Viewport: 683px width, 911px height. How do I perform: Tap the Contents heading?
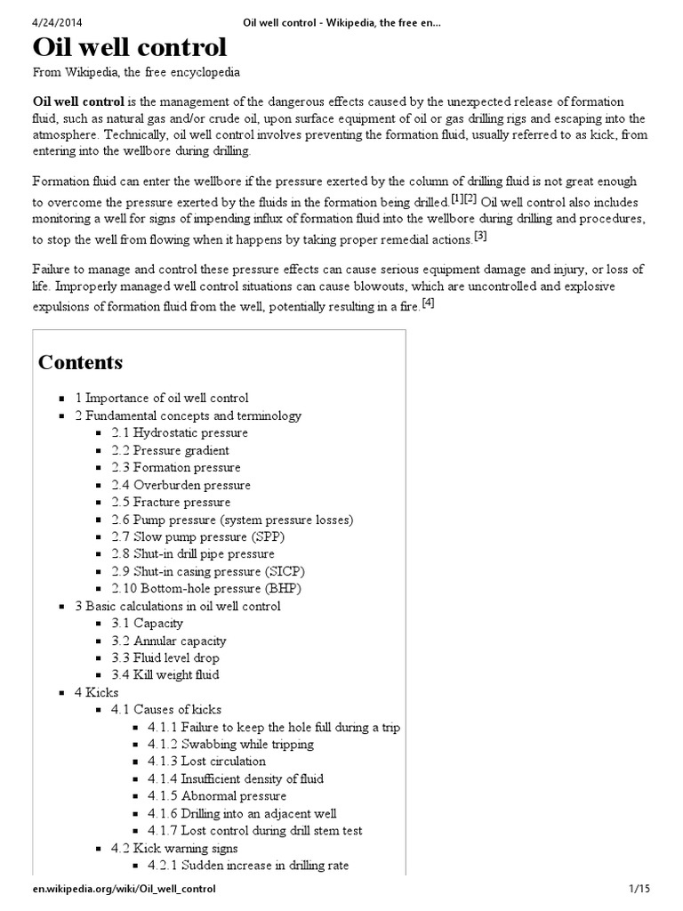80,362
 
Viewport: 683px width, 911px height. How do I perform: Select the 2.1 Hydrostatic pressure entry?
180,433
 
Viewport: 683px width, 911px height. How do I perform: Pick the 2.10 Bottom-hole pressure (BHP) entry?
205,589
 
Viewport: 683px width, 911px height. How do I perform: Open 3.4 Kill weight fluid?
165,675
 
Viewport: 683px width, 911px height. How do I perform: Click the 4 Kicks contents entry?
96,692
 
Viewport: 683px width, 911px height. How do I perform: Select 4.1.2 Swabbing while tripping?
230,745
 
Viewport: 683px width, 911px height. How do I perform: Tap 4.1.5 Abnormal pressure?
217,796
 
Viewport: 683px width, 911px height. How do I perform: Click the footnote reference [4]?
428,302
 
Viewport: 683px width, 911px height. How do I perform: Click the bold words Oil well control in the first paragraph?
78,101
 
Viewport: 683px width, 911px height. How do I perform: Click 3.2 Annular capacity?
168,641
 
